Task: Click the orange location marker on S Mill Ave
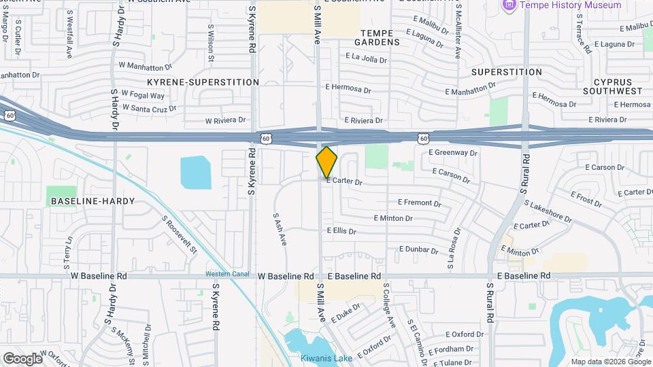(326, 162)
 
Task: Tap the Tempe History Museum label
(571, 5)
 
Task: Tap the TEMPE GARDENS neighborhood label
(380, 37)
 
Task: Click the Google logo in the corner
(22, 358)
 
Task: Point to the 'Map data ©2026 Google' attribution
(610, 362)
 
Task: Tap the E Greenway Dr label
(453, 153)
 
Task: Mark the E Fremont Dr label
(419, 203)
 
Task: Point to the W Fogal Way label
(143, 94)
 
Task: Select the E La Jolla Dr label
(366, 59)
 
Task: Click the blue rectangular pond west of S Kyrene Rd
(196, 172)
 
